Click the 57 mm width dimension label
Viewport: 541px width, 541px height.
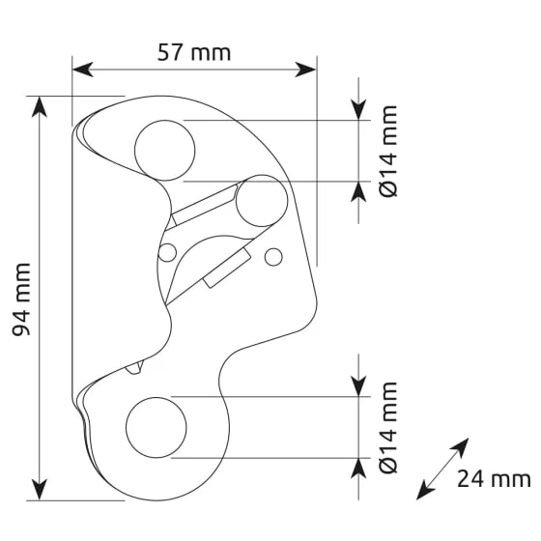coord(194,53)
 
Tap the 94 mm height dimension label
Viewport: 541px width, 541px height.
coord(21,299)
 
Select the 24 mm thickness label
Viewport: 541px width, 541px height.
coord(494,479)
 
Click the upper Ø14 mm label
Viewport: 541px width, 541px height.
coord(388,151)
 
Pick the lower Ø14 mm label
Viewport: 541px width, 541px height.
coord(388,427)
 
